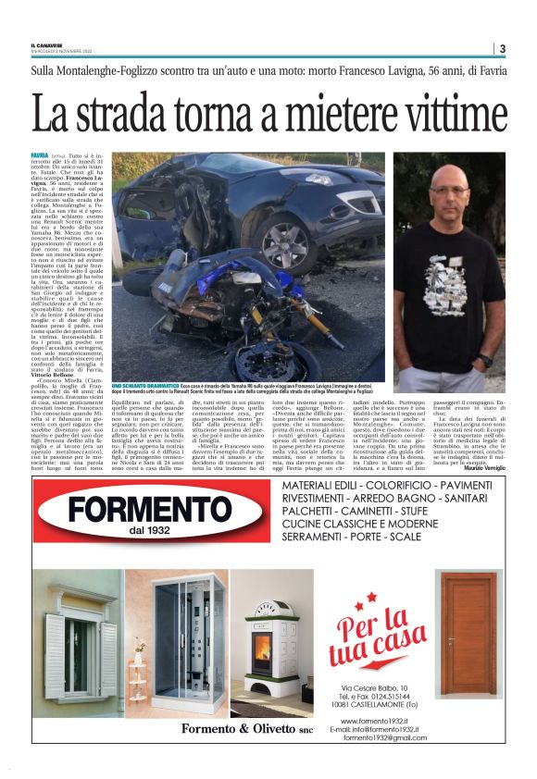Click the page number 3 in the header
point(501,49)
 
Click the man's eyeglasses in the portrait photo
point(450,190)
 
